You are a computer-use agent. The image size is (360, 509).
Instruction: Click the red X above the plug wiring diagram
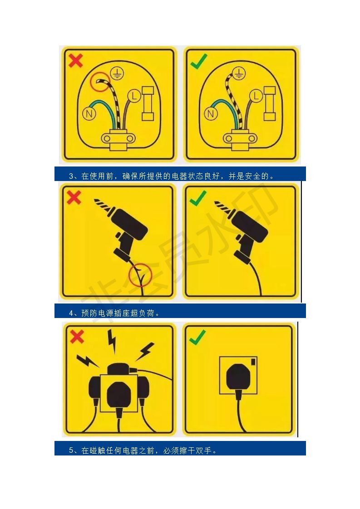pos(76,61)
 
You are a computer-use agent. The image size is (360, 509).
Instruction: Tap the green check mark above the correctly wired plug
pos(199,61)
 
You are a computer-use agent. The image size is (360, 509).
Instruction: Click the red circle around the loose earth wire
pos(100,82)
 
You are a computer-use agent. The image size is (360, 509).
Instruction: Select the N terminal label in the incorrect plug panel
pos(89,113)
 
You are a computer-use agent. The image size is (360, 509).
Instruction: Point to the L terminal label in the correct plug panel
pos(256,96)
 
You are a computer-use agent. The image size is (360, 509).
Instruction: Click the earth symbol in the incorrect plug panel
pos(117,73)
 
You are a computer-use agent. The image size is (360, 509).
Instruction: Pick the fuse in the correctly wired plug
pos(269,103)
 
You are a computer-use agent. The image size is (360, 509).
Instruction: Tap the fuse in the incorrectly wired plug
pos(148,103)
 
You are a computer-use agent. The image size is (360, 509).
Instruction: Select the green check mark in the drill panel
pos(198,198)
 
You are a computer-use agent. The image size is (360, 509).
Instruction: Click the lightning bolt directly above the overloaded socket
pos(112,341)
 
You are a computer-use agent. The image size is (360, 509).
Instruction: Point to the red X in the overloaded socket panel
pos(77,337)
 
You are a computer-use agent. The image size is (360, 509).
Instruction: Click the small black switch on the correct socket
pos(253,362)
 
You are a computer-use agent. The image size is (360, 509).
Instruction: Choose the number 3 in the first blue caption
pos(71,176)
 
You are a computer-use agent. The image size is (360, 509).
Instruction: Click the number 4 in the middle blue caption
pos(71,313)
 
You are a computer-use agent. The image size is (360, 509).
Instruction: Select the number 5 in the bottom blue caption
pos(71,450)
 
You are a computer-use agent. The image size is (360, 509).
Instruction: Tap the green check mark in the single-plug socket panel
pos(197,337)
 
